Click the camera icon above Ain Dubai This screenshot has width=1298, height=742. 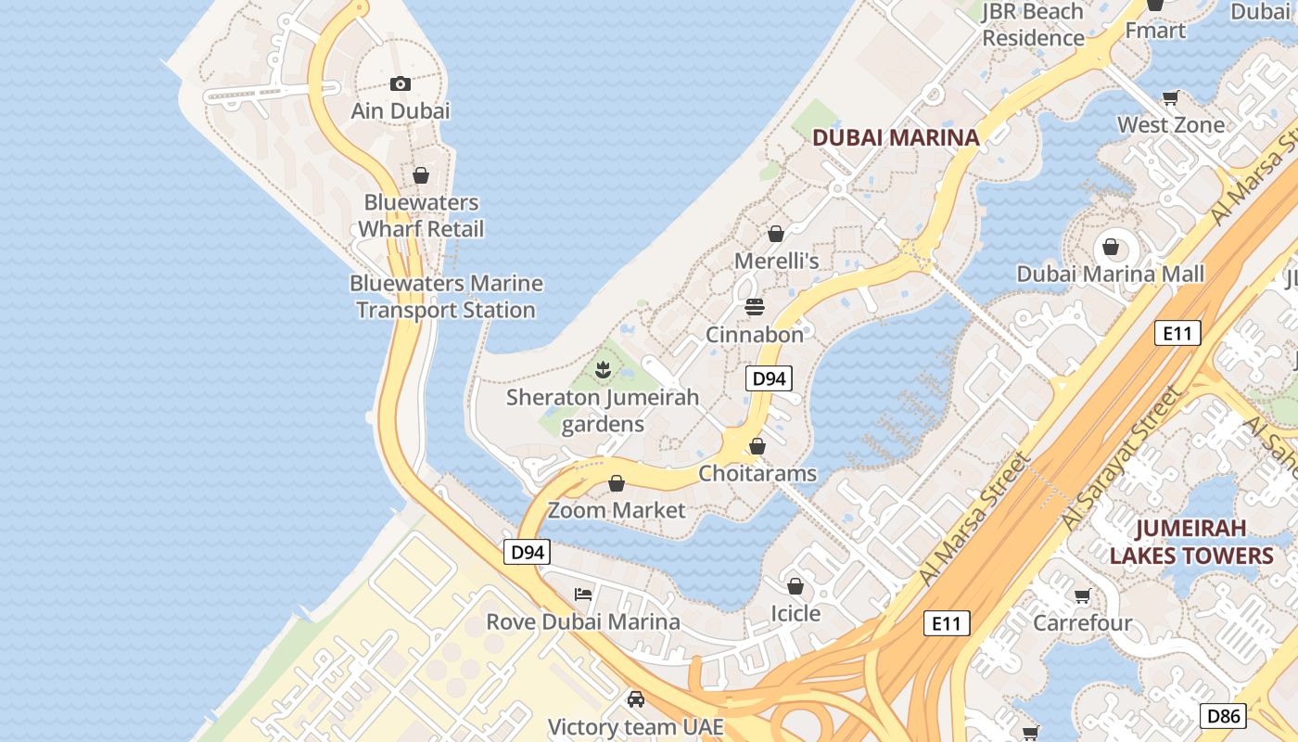tap(401, 84)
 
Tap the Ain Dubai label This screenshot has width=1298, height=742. tap(401, 110)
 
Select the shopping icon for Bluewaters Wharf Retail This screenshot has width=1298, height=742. tap(421, 175)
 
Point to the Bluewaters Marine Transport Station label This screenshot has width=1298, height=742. tap(446, 297)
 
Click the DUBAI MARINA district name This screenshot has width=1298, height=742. tap(896, 137)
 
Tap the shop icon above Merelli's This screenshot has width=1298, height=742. tap(776, 234)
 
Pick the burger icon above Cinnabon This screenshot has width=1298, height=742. tap(755, 306)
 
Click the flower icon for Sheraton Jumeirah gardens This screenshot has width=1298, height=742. tap(603, 371)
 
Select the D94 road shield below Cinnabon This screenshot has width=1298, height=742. tap(769, 378)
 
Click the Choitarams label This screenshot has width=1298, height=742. tap(757, 473)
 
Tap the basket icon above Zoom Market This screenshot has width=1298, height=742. tap(617, 482)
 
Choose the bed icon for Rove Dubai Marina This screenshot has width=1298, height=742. tap(583, 594)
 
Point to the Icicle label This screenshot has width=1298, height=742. tap(795, 613)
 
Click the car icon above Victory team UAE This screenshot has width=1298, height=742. tap(635, 698)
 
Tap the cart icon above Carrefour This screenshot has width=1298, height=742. tap(1082, 595)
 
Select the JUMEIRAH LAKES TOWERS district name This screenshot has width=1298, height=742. tap(1191, 542)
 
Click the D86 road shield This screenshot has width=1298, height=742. tap(1223, 715)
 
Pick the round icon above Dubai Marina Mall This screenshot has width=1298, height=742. tap(1110, 248)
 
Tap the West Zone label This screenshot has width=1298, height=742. tap(1171, 124)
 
